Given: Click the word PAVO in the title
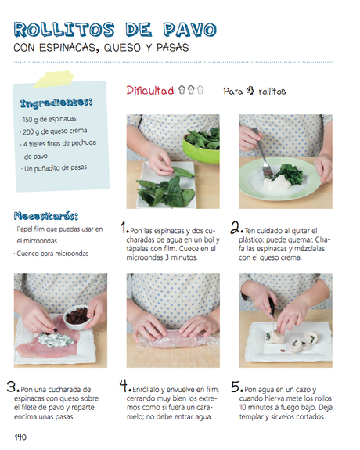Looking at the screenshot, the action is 189,30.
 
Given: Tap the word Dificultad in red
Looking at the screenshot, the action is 150,91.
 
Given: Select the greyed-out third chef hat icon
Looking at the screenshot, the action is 200,90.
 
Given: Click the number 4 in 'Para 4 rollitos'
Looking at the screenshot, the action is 250,91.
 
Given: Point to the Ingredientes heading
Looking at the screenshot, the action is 56,103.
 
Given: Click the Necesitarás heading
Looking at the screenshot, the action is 46,216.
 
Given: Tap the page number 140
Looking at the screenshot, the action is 20,437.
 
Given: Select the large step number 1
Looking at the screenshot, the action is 124,227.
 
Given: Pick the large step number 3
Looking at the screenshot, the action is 12,387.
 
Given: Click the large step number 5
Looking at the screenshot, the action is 235,387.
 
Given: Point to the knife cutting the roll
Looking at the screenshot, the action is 272,316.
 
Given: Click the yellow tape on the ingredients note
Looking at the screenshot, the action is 54,79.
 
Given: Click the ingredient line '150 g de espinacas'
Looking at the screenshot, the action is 49,119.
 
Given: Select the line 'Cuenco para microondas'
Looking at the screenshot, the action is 52,254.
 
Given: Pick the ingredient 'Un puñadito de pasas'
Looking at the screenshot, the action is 55,168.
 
